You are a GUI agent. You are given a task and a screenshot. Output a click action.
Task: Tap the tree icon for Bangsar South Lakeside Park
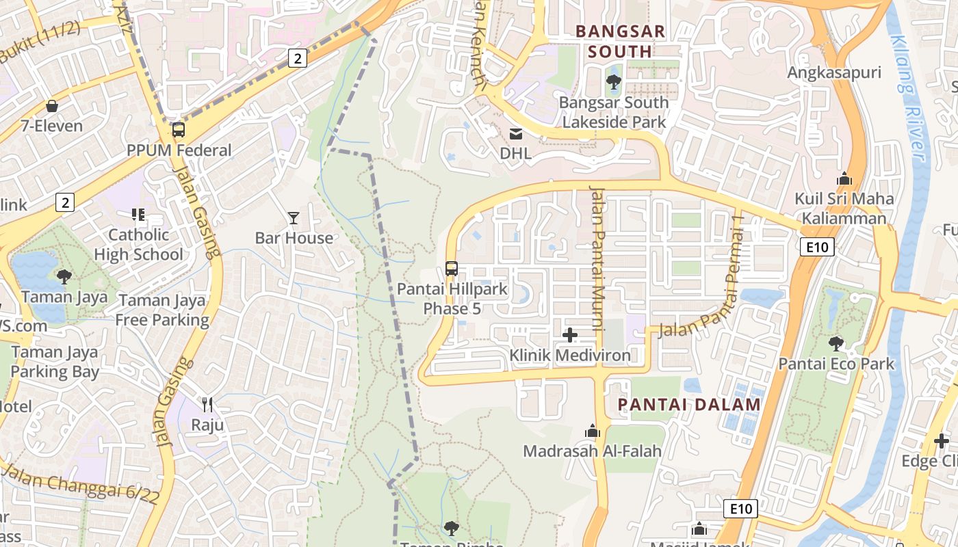614,83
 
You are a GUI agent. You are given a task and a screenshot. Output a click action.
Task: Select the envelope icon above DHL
515,133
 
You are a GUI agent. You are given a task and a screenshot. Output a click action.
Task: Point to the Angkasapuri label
833,72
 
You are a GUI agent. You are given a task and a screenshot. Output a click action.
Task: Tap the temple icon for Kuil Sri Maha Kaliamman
844,178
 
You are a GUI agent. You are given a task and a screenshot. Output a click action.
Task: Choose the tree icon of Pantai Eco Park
836,343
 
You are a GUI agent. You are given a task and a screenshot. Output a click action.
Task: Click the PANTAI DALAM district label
689,404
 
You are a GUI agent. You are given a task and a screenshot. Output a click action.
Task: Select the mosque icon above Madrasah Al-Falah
593,431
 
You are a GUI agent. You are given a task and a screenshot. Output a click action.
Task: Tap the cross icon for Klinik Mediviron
569,335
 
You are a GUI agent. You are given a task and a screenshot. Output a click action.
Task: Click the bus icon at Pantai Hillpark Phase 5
452,269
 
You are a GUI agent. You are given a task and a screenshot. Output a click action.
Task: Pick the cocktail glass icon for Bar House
294,218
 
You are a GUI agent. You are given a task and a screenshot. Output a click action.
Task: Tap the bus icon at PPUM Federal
179,129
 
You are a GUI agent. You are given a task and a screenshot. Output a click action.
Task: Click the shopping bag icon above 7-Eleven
51,106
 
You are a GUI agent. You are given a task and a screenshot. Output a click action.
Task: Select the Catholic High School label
138,245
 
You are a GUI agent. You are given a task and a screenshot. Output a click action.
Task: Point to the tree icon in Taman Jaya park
64,277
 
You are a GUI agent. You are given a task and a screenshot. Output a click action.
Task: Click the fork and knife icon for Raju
207,405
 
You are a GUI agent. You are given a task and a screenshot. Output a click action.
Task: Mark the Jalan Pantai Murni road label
597,259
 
